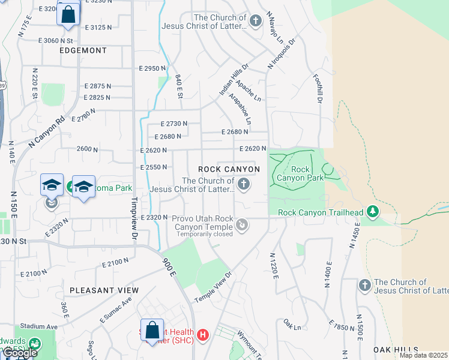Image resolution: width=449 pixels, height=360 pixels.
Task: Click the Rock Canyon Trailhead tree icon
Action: click(373, 211)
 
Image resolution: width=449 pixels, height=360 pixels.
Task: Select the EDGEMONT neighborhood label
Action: click(83, 51)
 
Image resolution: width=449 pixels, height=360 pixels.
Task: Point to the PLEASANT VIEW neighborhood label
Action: click(104, 290)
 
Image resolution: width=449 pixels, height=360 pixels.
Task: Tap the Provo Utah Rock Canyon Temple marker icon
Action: click(242, 225)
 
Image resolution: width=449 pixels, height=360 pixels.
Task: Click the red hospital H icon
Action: click(203, 334)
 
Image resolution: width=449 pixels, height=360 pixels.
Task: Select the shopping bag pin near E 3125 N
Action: click(68, 14)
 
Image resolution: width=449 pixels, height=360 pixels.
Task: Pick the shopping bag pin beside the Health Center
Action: click(152, 330)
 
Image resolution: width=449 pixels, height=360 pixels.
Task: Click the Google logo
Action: click(20, 353)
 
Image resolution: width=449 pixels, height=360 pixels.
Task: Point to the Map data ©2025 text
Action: click(423, 355)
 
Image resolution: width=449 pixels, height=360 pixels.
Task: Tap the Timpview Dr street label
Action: click(134, 211)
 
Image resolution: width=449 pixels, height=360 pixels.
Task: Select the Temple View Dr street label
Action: click(212, 287)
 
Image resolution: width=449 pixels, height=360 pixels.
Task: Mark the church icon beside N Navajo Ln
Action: click(256, 22)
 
